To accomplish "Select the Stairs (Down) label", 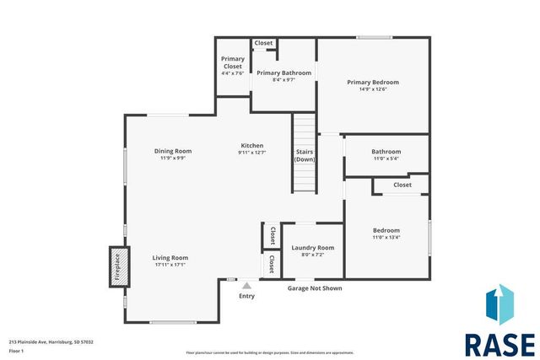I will (305, 155).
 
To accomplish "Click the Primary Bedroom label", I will (373, 82).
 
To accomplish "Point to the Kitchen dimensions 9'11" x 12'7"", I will (251, 153).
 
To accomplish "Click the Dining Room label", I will (173, 151).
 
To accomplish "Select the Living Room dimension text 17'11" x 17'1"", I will (170, 265).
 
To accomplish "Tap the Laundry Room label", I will (312, 247).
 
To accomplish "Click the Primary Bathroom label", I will (283, 73).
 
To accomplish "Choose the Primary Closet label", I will (233, 62).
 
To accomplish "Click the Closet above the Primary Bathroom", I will (263, 43).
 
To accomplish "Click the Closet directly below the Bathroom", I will (402, 185).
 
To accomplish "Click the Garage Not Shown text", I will (315, 288).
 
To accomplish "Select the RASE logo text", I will (499, 345).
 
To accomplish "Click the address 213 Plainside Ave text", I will (51, 341).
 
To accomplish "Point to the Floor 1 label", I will (16, 349).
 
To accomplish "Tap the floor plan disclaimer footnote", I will (269, 352).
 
